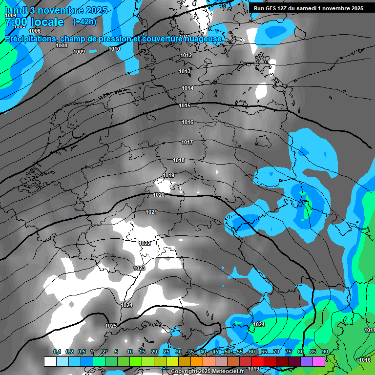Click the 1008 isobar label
tap(62, 45)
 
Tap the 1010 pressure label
tap(114, 49)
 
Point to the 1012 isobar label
tap(186, 56)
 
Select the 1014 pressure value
tap(187, 88)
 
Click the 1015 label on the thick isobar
tap(185, 105)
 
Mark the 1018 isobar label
tap(179, 160)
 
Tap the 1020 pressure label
tap(159, 195)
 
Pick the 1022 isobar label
tap(145, 243)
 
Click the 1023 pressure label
tap(139, 268)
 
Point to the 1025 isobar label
tap(111, 326)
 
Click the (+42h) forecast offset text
tap(84, 21)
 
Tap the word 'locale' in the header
tap(47, 22)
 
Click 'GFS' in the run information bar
tap(272, 8)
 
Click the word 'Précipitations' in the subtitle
tap(30, 39)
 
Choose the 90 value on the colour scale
tap(325, 352)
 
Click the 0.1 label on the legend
tap(57, 352)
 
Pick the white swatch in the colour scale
tap(50, 361)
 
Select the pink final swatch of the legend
tap(319, 361)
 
